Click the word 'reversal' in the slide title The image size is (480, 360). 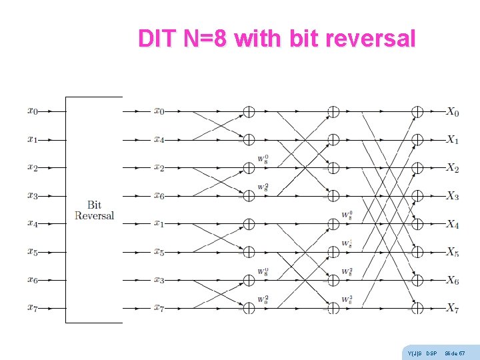pyautogui.click(x=370, y=39)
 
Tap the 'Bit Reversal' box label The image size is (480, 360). pyautogui.click(x=94, y=210)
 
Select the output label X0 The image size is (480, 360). pyautogui.click(x=453, y=112)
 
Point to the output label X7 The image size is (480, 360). pyautogui.click(x=453, y=308)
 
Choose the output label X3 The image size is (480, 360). pyautogui.click(x=453, y=196)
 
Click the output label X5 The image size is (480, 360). pyautogui.click(x=453, y=252)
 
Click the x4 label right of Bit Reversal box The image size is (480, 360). pyautogui.click(x=159, y=139)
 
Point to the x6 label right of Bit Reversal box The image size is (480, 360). pyautogui.click(x=159, y=195)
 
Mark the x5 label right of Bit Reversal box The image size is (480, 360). pyautogui.click(x=159, y=251)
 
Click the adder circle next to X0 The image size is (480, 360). pyautogui.click(x=417, y=111)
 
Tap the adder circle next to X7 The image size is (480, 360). pyautogui.click(x=417, y=307)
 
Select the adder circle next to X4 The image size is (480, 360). pyautogui.click(x=417, y=223)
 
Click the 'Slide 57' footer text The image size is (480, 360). pyautogui.click(x=455, y=352)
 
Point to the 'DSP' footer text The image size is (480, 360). pyautogui.click(x=431, y=352)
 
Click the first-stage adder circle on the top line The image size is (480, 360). pyautogui.click(x=248, y=111)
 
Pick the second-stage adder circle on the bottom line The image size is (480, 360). pyautogui.click(x=333, y=307)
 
